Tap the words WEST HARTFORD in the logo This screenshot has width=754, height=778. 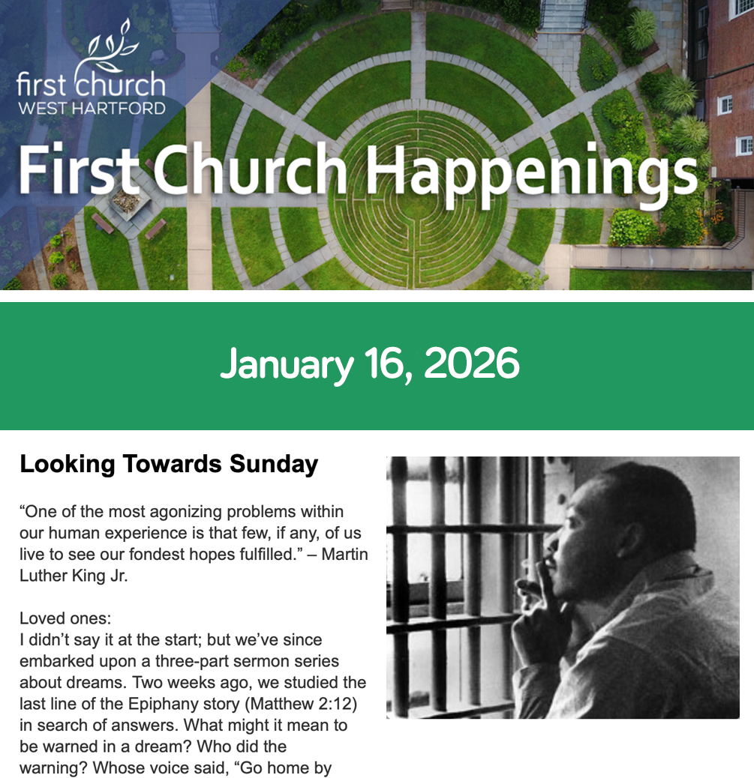pos(92,108)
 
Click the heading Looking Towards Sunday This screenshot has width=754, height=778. pos(169,465)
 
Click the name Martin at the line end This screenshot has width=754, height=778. pos(344,554)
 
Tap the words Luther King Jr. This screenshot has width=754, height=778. pos(74,576)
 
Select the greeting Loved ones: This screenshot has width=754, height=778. pos(65,618)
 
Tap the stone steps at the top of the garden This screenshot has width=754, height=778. pos(563,16)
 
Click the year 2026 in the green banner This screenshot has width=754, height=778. pos(472,364)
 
